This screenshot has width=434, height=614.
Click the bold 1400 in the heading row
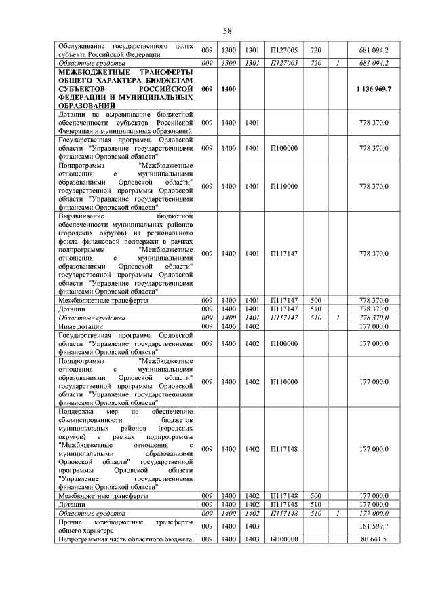pos(229,89)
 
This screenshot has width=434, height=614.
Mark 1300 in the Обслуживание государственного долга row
pos(229,51)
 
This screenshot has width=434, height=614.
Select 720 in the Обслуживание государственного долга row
pos(315,51)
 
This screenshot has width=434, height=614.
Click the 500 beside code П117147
pos(315,299)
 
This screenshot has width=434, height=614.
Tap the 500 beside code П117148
pos(315,496)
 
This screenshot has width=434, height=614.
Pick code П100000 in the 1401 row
pos(284,147)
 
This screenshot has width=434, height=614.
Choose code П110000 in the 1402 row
pos(284,382)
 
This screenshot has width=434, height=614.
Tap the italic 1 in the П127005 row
pos(337,63)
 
